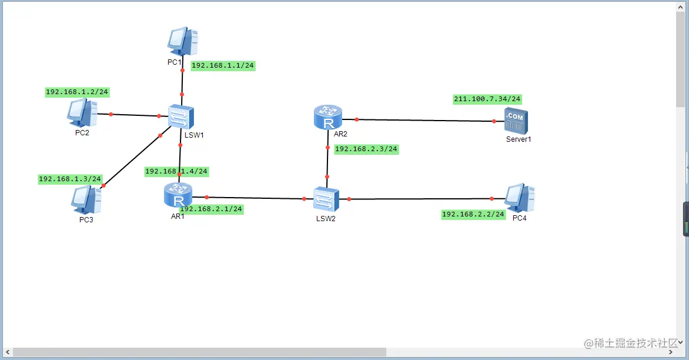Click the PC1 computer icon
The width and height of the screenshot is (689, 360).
(x=182, y=41)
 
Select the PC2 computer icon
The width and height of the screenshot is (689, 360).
(x=82, y=112)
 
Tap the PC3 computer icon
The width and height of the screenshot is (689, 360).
(x=86, y=199)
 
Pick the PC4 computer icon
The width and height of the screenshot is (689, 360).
(x=520, y=198)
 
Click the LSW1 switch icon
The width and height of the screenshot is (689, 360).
(x=178, y=116)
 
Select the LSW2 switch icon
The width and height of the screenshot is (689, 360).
(x=326, y=199)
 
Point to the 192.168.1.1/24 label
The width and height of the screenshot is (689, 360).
(x=223, y=66)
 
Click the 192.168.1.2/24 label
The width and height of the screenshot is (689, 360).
(x=77, y=92)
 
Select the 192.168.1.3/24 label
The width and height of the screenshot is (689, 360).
(x=70, y=179)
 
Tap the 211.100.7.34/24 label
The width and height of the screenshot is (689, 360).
(x=487, y=99)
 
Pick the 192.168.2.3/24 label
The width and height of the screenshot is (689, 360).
(x=366, y=149)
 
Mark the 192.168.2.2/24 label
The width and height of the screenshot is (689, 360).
(x=473, y=215)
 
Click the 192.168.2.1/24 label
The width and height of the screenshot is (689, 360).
(x=211, y=209)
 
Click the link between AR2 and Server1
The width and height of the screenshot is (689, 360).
(x=423, y=121)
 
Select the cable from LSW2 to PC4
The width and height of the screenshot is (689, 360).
(x=420, y=199)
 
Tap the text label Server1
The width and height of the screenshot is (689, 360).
(x=519, y=139)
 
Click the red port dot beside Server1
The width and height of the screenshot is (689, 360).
(x=494, y=121)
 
